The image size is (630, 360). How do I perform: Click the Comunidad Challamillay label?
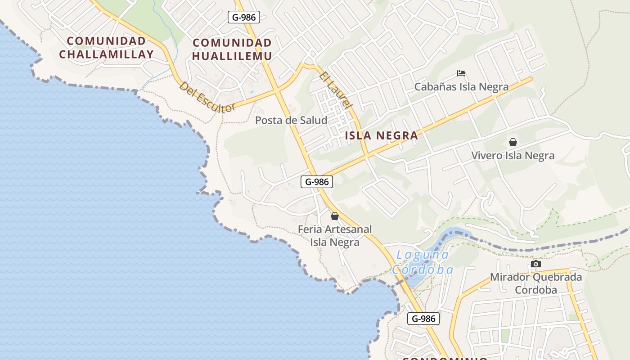[106, 48]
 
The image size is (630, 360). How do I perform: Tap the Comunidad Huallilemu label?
[232, 49]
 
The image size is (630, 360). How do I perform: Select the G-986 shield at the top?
[244, 18]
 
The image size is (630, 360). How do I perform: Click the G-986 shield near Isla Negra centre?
[317, 182]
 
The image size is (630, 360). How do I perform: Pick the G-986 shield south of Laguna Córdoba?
[423, 319]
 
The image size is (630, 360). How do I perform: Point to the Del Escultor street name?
[207, 97]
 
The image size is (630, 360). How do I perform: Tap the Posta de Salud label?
[291, 120]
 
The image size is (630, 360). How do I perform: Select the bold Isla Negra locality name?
[382, 135]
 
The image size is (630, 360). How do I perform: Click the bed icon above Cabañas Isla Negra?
[461, 73]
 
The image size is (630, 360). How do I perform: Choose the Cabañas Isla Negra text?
[461, 87]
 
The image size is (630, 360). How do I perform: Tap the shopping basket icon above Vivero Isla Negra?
[513, 143]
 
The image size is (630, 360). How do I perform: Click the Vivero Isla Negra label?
[513, 156]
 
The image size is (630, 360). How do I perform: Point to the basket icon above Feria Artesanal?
[334, 216]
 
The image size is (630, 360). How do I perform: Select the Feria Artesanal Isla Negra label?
[335, 236]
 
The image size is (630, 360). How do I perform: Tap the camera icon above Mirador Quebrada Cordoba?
[535, 264]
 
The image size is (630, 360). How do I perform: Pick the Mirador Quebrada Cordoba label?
[535, 283]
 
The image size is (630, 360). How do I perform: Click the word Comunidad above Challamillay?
[106, 41]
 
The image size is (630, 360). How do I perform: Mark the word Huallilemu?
[232, 56]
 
